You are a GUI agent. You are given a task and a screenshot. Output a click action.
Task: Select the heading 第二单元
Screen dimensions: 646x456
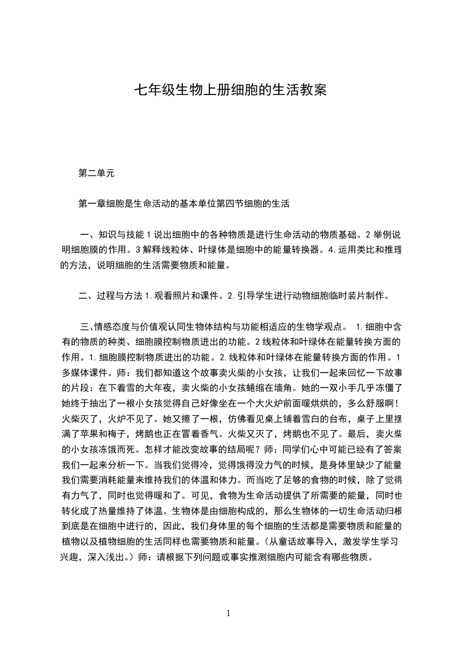(x=96, y=173)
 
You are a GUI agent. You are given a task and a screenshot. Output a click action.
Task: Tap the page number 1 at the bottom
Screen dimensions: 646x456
(x=228, y=614)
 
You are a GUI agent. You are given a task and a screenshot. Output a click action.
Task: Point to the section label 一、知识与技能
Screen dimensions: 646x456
(x=110, y=235)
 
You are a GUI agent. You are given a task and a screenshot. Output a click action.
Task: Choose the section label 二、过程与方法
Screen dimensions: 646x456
(x=110, y=297)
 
